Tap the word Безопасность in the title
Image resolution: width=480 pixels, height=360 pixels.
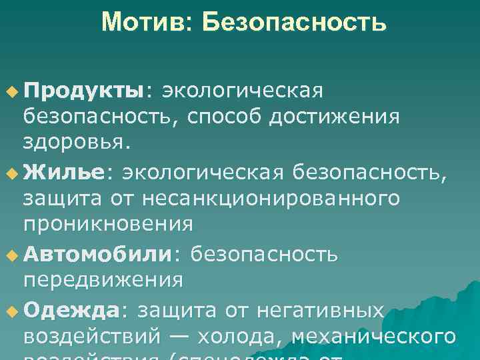click(x=295, y=23)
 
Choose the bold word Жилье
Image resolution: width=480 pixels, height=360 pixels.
click(x=64, y=173)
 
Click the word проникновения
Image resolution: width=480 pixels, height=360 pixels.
click(x=108, y=223)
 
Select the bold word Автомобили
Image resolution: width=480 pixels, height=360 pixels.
click(x=97, y=254)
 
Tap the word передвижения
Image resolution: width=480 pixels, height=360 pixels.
click(x=103, y=279)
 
